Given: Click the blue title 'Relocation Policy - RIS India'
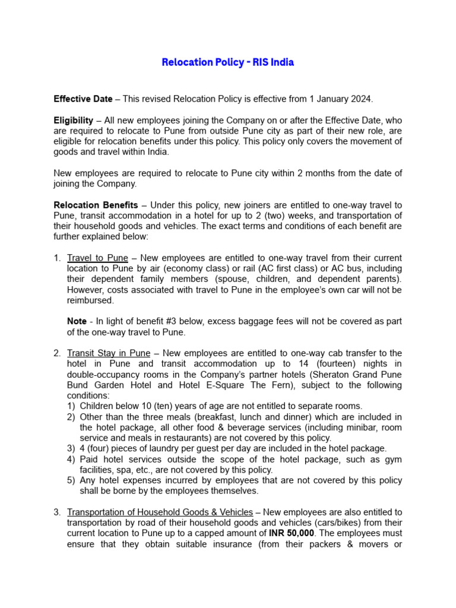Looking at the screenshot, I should [x=228, y=62].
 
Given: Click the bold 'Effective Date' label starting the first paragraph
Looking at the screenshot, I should [x=83, y=99].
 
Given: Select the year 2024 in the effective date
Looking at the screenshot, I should [x=361, y=99].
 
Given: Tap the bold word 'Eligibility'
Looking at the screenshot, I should [x=74, y=120].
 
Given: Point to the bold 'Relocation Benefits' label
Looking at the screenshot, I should [x=96, y=205].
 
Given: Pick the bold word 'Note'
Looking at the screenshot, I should [x=77, y=321].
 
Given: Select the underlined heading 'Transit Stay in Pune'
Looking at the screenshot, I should [x=111, y=353].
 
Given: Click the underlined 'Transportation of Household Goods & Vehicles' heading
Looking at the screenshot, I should [x=160, y=512].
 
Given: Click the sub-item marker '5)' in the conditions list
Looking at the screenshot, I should [x=71, y=480].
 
